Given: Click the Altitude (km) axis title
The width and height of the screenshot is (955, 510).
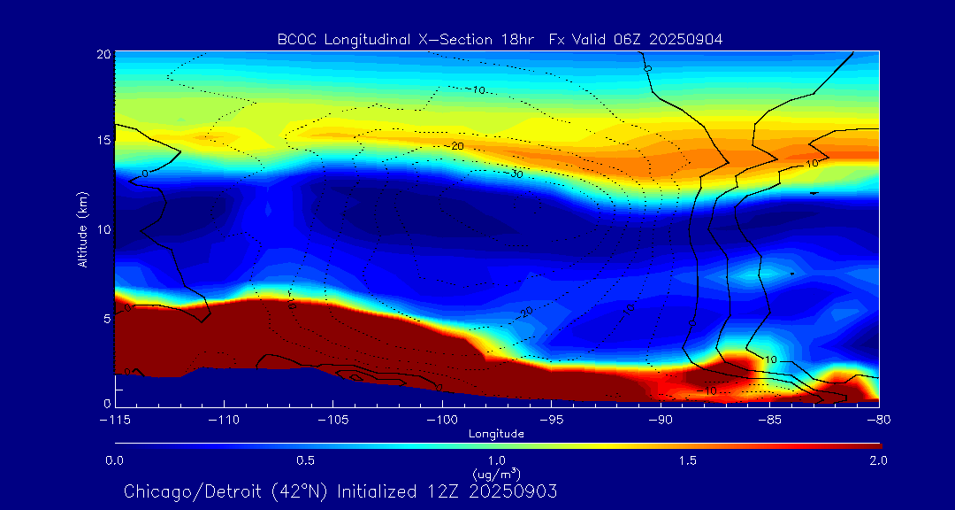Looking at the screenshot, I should click(81, 229).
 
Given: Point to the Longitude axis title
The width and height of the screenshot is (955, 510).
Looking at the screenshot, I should click(496, 434).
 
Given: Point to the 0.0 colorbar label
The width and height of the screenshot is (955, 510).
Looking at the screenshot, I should click(115, 460).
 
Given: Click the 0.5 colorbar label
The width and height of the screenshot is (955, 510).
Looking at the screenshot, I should click(306, 460).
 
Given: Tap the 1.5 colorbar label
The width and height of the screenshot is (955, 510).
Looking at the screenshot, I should click(688, 460).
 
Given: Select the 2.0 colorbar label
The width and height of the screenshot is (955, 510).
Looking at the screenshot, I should click(878, 460).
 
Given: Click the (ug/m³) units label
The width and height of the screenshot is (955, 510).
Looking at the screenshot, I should click(496, 474).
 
